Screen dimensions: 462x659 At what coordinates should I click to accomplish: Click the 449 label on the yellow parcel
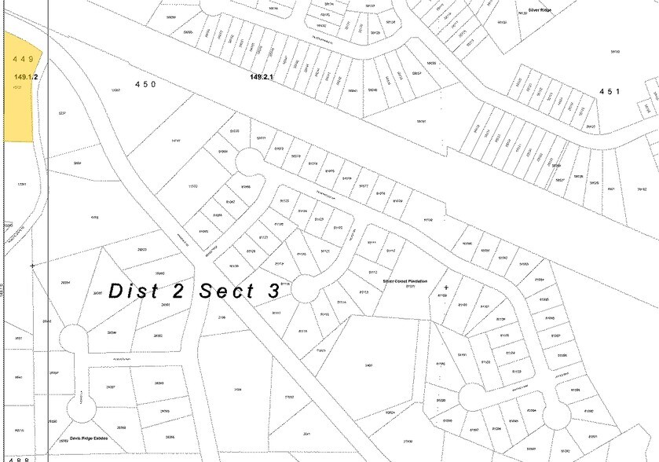pos(23,59)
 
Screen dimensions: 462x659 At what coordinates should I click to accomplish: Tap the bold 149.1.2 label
pos(26,76)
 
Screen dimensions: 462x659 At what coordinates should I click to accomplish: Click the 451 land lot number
pos(610,92)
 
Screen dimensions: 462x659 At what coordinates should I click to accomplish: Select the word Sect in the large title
pos(229,291)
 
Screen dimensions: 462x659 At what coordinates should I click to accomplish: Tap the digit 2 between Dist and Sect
pos(178,291)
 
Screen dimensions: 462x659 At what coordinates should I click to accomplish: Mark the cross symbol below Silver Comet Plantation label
pos(446,288)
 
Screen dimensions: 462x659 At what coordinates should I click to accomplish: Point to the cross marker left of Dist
pos(32,266)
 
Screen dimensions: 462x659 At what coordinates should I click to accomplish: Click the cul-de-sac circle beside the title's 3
pos(304,294)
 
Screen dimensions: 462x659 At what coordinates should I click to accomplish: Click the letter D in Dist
pos(116,291)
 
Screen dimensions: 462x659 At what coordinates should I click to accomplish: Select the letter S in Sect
pos(207,291)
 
